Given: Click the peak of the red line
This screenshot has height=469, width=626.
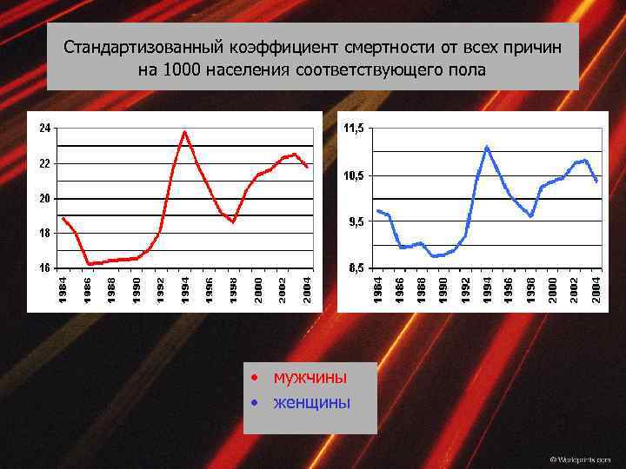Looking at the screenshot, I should pos(184,132).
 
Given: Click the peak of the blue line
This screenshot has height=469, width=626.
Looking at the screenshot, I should pos(487,147).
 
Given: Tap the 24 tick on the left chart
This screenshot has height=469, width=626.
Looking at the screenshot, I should pos(44,128).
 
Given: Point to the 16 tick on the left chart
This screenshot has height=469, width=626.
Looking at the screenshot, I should pos(44,268).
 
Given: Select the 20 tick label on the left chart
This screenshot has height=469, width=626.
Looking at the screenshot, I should pos(44,198).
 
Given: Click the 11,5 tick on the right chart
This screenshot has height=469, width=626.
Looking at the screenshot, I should pos(354,129).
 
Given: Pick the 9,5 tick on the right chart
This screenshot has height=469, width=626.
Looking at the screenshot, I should pos(355,221).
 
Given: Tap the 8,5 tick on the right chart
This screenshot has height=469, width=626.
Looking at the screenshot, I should pos(355,268).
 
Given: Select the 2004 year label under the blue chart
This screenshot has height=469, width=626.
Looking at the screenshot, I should pos(596,290).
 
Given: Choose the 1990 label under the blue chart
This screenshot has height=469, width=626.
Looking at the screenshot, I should pos(443,290).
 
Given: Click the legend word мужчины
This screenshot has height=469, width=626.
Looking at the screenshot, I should pos(310,378).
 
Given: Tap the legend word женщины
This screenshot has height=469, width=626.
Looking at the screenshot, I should pos(311,402).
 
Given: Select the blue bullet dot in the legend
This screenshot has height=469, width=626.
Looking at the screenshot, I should pos(252,403).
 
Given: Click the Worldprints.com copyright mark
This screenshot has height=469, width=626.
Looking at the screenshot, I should pos(580,458).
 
